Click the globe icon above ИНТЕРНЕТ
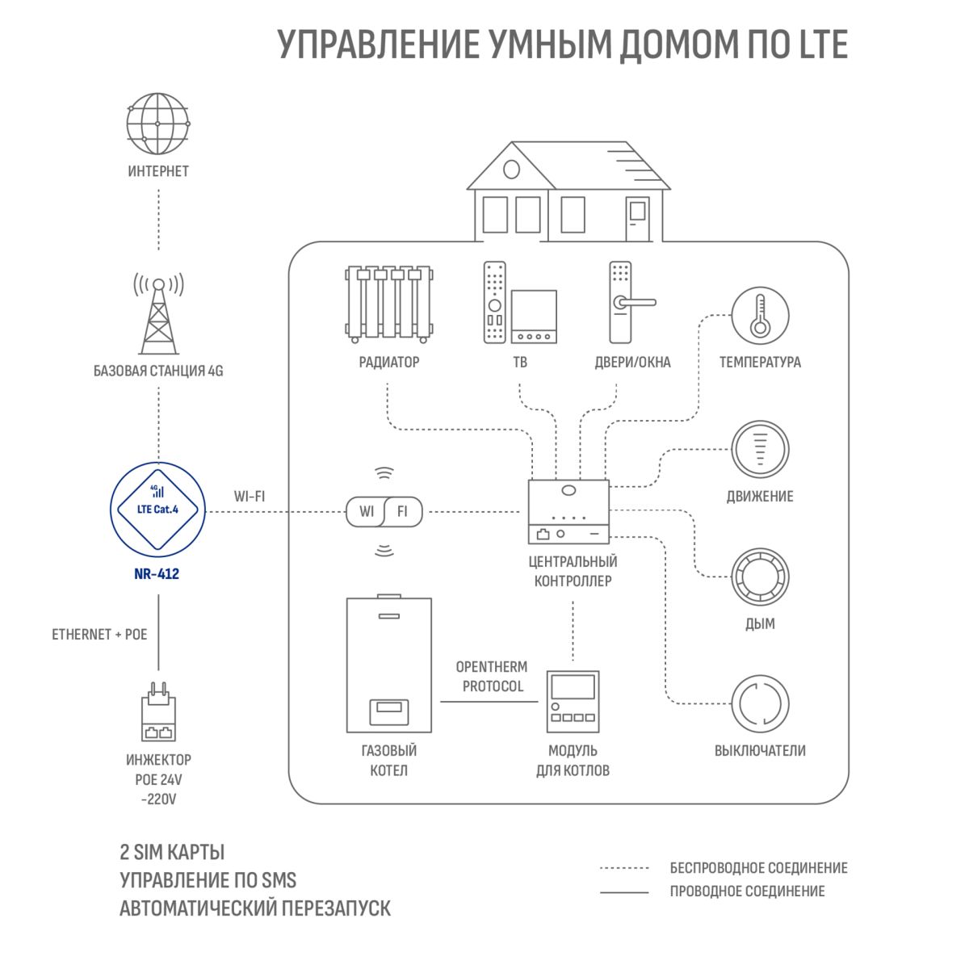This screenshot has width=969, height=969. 158,124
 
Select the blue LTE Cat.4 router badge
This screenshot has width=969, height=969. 158,510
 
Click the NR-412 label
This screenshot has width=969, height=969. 157,574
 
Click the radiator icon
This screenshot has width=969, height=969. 389,304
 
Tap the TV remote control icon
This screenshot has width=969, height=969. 494,302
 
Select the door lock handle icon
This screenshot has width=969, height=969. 632,302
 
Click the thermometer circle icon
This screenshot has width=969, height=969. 760,316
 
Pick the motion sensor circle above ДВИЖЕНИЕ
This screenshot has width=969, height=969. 760,450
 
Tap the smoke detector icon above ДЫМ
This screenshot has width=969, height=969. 760,577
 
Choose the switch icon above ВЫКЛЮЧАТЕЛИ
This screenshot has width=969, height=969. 760,703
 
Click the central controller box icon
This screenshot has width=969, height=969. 568,511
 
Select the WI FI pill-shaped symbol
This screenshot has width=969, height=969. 384,511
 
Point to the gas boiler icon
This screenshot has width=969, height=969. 388,663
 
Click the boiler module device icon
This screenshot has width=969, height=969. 573,702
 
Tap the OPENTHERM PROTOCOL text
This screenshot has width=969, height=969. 493,677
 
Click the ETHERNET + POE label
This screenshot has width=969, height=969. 99,634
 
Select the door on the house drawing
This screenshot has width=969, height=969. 637,219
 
